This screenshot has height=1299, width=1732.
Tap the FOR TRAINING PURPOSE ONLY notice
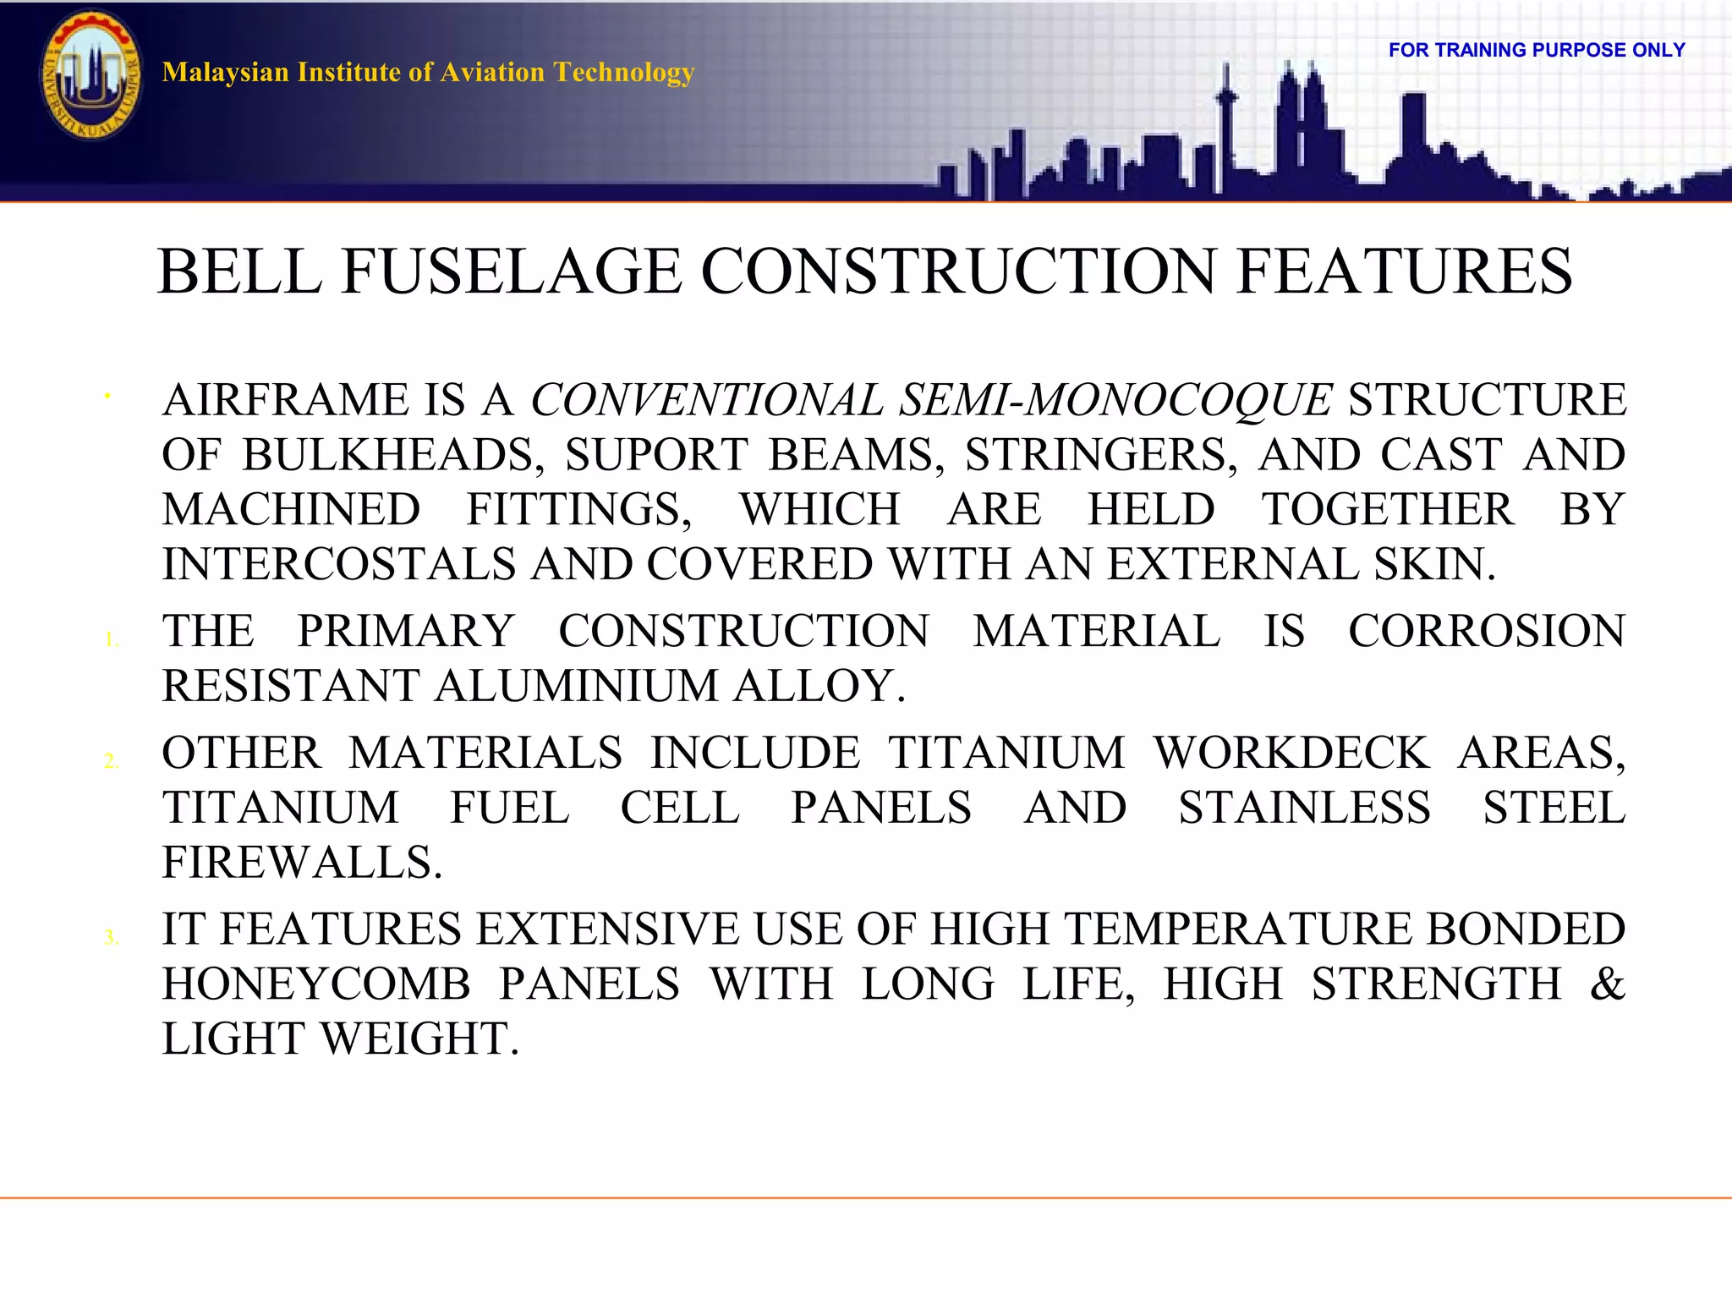(1537, 50)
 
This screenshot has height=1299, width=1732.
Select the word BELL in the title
(240, 271)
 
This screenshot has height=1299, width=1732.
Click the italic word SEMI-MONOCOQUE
(1115, 399)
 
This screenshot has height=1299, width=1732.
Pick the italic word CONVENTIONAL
(706, 399)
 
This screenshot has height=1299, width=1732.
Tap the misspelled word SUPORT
(656, 455)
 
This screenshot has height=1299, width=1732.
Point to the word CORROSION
(1486, 631)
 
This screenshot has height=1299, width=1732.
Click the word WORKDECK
(1291, 753)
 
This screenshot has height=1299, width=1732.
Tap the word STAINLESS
(1304, 808)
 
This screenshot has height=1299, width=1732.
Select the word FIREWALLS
(302, 863)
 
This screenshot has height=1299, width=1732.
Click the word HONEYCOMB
(316, 984)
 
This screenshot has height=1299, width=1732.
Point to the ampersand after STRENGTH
(1607, 984)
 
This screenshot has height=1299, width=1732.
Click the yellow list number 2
(111, 761)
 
